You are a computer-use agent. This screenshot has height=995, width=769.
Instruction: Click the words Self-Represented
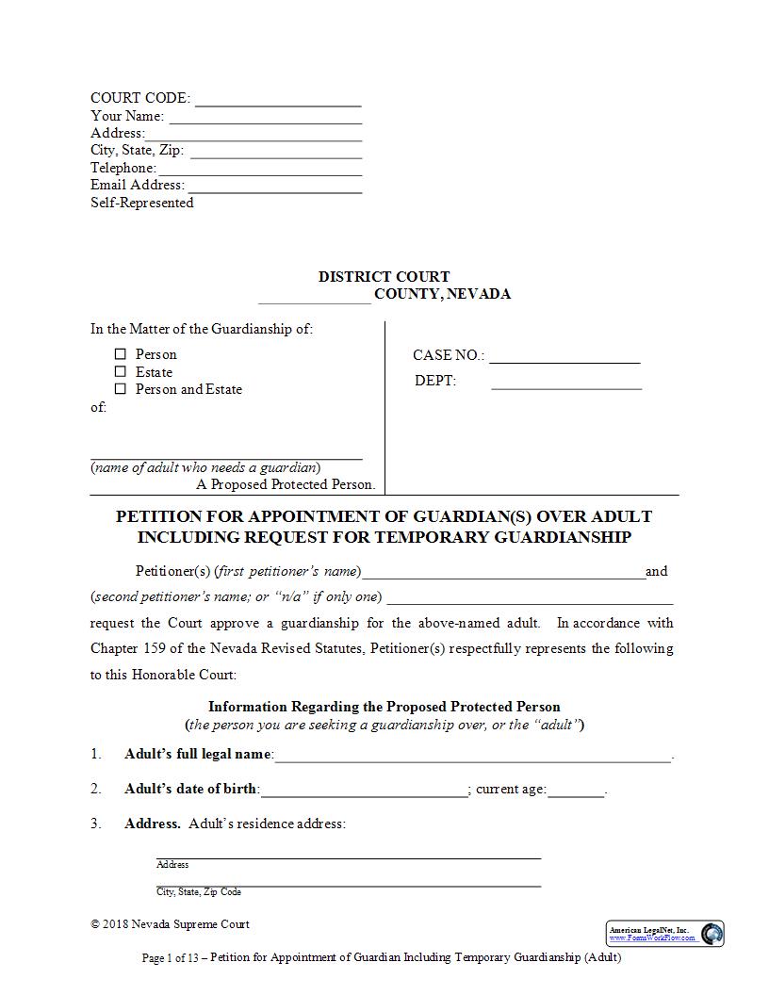(141, 203)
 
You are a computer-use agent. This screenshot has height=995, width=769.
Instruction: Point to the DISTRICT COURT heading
(384, 277)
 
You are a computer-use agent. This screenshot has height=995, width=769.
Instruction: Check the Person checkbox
(120, 354)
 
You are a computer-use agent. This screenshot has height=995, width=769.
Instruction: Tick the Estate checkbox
(120, 372)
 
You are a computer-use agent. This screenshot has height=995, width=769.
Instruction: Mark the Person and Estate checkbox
(120, 389)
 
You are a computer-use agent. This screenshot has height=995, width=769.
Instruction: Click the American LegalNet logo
(665, 934)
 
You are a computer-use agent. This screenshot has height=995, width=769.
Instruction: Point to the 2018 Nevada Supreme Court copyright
(171, 924)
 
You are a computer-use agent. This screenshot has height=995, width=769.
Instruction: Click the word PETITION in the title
(157, 516)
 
